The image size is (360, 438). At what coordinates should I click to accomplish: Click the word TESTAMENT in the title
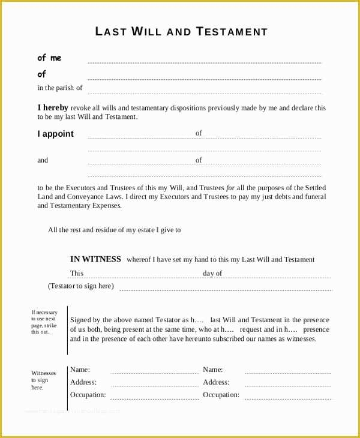(232, 32)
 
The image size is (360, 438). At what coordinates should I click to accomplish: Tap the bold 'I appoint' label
(56, 134)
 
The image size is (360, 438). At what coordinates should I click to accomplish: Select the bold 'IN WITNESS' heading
(95, 259)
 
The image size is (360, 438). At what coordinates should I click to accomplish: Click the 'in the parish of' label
(60, 88)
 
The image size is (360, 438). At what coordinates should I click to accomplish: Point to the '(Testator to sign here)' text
(80, 286)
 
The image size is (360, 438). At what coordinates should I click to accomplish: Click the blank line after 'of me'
(204, 62)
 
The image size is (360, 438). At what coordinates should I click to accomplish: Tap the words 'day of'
(212, 274)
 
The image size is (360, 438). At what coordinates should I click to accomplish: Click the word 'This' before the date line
(77, 274)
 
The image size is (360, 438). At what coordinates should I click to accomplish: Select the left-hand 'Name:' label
(80, 370)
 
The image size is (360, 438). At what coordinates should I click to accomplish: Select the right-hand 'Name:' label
(212, 370)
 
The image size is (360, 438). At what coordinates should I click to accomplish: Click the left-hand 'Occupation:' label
(88, 395)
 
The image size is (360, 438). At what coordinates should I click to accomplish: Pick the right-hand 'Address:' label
(216, 382)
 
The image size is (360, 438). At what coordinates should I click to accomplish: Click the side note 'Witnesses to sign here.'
(43, 380)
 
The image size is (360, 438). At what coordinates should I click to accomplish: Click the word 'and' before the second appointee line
(43, 160)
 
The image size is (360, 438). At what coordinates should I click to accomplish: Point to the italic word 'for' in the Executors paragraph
(230, 188)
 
